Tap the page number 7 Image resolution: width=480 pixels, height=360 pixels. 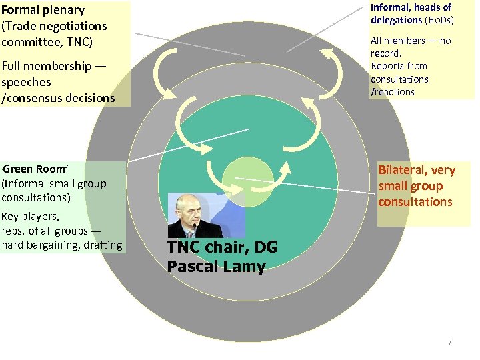(x=449, y=343)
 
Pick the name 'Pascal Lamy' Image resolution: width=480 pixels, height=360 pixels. (x=216, y=267)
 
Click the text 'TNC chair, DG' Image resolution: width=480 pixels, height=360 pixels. (x=221, y=248)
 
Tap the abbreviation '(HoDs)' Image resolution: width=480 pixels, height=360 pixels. (x=439, y=20)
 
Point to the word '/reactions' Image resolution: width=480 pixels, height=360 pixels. (x=393, y=92)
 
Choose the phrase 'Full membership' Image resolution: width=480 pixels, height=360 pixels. (x=46, y=66)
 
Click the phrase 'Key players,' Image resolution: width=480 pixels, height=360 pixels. (x=31, y=216)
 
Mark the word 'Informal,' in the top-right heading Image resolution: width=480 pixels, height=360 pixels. (x=393, y=7)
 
